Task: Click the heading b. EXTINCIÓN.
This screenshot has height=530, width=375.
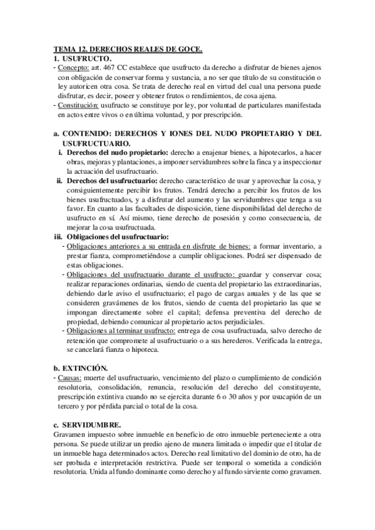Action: pyautogui.click(x=81, y=368)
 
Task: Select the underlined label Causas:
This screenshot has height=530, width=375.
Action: pyautogui.click(x=67, y=378)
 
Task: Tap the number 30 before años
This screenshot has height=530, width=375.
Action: pyautogui.click(x=245, y=397)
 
